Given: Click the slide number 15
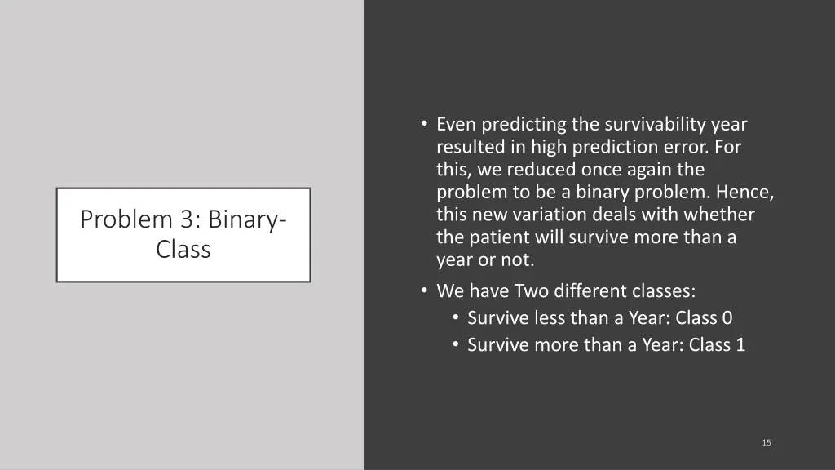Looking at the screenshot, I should click(766, 442).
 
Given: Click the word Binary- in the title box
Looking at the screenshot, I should click(247, 219).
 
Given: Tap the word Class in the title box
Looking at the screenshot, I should click(183, 250).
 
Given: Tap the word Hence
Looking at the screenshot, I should click(746, 193).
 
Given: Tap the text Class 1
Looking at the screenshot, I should click(717, 344).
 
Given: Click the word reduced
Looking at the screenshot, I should click(542, 171).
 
